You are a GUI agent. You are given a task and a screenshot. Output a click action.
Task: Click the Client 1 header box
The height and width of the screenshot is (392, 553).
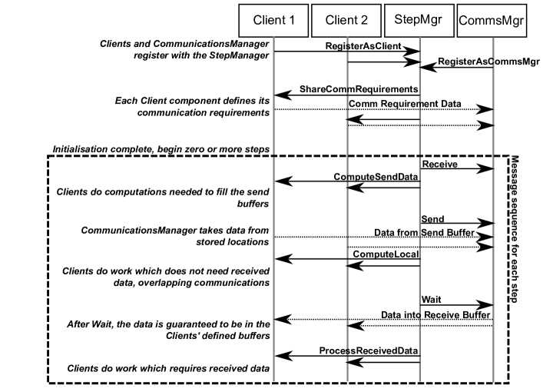(274, 21)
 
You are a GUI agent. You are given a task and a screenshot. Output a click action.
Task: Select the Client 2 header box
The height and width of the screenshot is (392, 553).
(346, 21)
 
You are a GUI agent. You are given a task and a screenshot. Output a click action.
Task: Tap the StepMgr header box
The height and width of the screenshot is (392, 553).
(419, 21)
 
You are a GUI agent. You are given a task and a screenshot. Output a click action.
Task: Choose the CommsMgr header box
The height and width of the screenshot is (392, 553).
(491, 21)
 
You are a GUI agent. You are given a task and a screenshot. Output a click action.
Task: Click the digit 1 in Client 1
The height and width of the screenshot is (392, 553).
(292, 21)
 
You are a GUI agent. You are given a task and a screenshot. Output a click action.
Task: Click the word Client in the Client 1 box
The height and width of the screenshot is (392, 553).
(269, 21)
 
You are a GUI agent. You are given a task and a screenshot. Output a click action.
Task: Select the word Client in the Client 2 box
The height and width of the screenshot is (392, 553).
(341, 21)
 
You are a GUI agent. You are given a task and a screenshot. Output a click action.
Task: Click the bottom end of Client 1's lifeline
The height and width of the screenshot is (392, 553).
(274, 380)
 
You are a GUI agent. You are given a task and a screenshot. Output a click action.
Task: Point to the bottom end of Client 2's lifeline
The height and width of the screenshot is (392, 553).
(347, 380)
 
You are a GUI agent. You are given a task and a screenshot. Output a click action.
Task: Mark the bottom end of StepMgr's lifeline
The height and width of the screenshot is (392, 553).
(419, 380)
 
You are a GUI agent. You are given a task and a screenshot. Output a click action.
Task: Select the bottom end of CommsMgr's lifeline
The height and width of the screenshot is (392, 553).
(492, 380)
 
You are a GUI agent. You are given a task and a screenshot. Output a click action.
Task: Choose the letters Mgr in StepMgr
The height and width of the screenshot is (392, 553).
(432, 21)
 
